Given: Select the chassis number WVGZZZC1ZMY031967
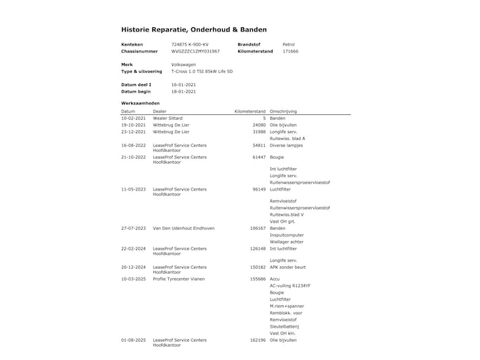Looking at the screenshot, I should (x=196, y=51).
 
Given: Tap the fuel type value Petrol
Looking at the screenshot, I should (x=288, y=44).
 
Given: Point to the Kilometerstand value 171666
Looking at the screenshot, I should (x=290, y=51).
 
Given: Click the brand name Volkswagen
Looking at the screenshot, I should (x=184, y=64).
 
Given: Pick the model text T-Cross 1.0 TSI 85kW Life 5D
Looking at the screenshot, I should (x=203, y=71).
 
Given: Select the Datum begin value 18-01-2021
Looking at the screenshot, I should (x=184, y=91).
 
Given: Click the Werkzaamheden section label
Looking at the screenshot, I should (x=140, y=103).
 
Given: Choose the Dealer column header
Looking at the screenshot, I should (x=160, y=111).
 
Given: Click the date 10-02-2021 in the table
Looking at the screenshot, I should (x=133, y=118).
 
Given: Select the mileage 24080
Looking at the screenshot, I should (x=259, y=125).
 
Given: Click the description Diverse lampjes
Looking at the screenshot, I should (x=287, y=145).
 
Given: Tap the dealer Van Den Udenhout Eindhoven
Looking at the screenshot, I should (x=184, y=228).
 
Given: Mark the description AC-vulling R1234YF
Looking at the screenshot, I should (x=290, y=286).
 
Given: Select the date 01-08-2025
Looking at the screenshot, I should (x=133, y=340).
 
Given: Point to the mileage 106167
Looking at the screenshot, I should (x=257, y=228).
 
